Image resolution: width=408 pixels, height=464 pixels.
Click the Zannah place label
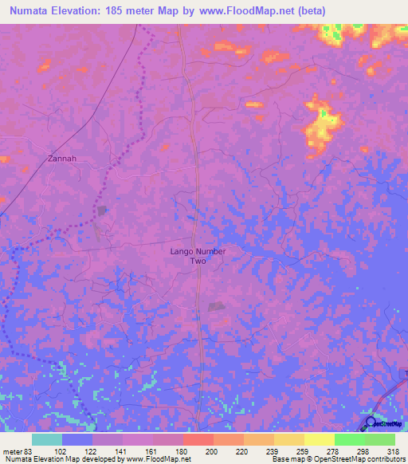pos(61,159)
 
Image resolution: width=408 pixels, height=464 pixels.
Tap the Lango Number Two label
pos(198,256)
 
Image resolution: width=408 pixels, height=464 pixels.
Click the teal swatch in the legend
pos(47,439)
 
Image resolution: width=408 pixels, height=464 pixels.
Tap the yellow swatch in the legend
pos(319,439)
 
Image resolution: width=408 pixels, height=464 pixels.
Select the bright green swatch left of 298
pos(349,439)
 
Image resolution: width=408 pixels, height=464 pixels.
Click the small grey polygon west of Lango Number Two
pos(102,210)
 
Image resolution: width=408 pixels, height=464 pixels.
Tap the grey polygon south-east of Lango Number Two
pos(216,306)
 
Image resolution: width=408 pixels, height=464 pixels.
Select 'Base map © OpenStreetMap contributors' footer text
pos(338,459)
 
